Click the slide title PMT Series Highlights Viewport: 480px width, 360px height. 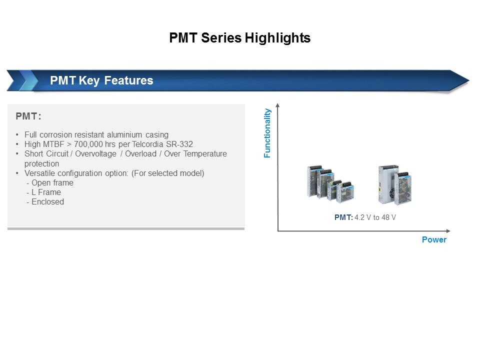pos(239,38)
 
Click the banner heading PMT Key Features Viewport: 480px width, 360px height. pos(101,80)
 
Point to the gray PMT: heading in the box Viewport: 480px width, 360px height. pos(28,116)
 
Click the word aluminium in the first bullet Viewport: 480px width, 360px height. pos(124,134)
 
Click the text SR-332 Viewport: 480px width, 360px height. pos(179,144)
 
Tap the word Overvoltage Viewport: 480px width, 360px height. pos(96,153)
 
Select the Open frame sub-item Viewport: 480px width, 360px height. pos(52,183)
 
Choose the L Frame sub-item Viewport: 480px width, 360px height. pos(46,192)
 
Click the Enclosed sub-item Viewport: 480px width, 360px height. pos(48,201)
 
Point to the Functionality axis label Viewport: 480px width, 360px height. pos(267,133)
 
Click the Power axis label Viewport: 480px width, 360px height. pos(434,239)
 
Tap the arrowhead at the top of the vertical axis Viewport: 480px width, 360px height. pos(277,105)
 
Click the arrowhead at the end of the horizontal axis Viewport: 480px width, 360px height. pos(448,231)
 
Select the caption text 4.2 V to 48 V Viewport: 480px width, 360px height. pos(375,217)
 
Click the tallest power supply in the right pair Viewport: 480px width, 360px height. pos(388,184)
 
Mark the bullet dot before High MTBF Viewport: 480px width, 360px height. pos(17,144)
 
